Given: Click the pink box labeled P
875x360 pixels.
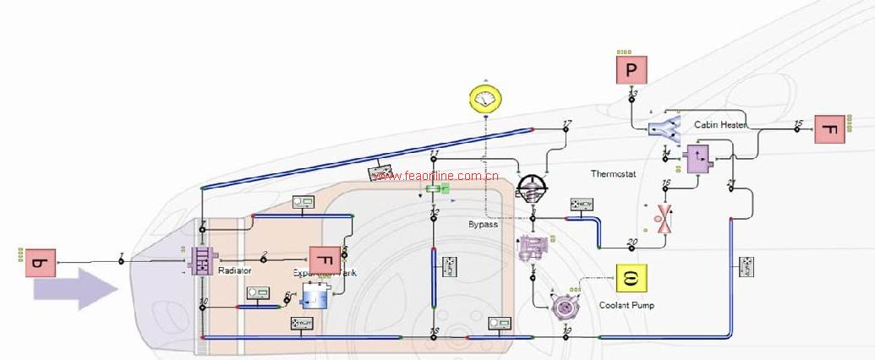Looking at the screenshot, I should pos(631,68).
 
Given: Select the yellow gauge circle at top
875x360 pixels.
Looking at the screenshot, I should pos(485,100).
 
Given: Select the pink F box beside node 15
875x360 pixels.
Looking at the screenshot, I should pos(830,128).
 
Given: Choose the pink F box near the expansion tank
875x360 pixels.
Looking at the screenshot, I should pos(325,261).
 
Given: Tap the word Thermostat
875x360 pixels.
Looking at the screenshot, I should pos(613,174).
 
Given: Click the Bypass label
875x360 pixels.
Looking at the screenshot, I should pos(484,225).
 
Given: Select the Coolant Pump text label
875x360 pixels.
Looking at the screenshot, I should pos(626,305).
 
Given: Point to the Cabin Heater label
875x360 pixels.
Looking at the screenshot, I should pos(720,124).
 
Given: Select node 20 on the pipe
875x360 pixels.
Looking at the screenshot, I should pos(632,247).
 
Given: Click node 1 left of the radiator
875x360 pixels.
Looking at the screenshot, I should pos(121,260).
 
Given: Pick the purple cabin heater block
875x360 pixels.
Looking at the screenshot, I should pos(698,158).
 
